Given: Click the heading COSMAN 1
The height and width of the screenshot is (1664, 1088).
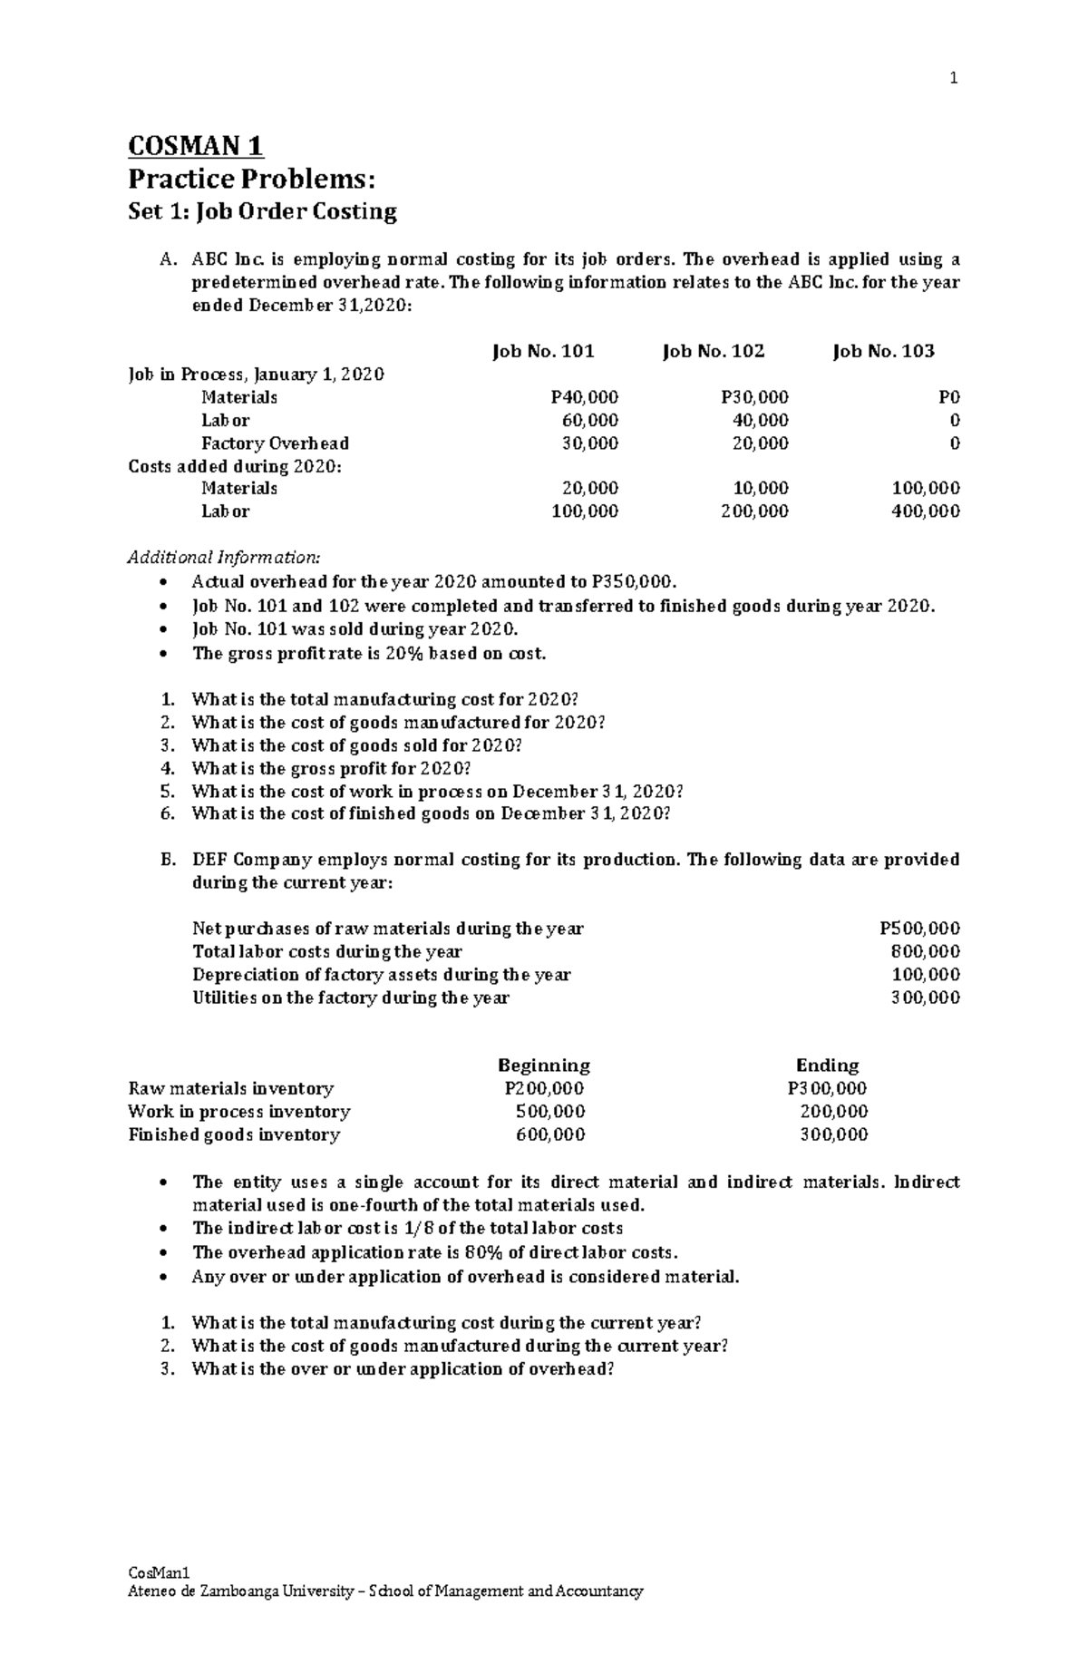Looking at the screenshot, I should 196,145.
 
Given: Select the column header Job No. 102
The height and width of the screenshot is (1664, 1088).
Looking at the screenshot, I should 714,351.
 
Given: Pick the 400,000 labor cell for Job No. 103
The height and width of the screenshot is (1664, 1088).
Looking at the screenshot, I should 926,511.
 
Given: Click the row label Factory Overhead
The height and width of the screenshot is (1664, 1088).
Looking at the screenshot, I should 275,443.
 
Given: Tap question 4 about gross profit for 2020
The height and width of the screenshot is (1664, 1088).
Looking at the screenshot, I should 331,768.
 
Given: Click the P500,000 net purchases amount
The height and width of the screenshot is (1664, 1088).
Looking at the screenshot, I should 919,929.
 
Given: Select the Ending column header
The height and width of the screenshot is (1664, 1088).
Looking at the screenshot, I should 827,1065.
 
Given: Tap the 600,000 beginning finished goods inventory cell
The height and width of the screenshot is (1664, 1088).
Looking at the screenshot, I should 550,1134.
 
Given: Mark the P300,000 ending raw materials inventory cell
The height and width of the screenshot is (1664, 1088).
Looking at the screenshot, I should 827,1088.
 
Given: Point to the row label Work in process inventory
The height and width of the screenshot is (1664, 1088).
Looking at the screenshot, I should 239,1112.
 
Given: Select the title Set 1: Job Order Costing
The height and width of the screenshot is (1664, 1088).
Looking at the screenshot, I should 262,212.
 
